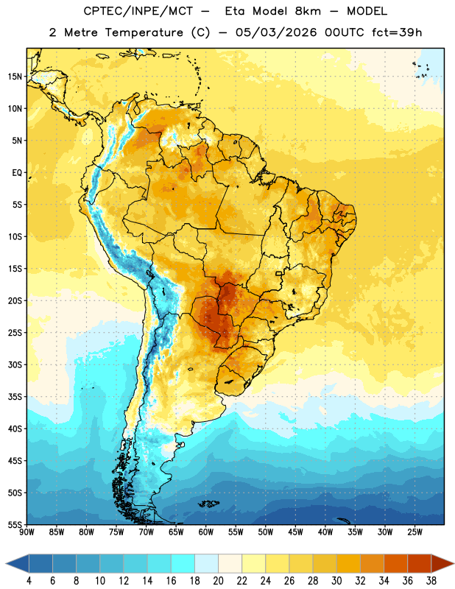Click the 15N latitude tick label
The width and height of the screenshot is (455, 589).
click(x=15, y=77)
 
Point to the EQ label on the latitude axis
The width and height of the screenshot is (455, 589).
click(x=17, y=173)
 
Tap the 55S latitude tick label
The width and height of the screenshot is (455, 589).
click(x=15, y=524)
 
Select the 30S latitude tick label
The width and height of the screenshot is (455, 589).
click(x=15, y=364)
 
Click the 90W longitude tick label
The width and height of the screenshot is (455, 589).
click(x=27, y=532)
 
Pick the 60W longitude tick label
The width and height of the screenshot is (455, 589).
click(x=206, y=532)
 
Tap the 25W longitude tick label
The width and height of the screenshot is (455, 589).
click(x=415, y=532)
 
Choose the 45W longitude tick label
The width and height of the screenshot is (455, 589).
click(x=295, y=532)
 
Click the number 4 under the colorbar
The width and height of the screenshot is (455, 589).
click(x=29, y=581)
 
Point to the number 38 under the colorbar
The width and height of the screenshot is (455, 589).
click(x=431, y=581)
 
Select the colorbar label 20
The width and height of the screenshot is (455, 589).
click(x=218, y=581)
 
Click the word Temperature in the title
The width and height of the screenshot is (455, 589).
click(x=144, y=32)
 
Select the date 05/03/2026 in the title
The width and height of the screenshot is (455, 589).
click(x=276, y=32)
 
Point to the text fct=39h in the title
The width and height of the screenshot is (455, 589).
click(x=397, y=32)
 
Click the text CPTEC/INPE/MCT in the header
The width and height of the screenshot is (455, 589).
click(x=138, y=11)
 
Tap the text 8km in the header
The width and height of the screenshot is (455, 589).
click(x=308, y=11)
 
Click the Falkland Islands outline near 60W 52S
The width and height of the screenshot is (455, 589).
click(x=209, y=504)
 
